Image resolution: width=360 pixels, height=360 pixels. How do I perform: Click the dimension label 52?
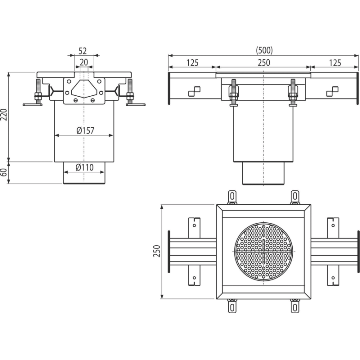tap(83, 51)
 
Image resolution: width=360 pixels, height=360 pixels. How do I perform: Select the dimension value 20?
tap(84, 62)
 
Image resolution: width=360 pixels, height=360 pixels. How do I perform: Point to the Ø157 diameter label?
tap(85, 130)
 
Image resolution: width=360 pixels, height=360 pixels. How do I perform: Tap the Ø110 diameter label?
tap(85, 167)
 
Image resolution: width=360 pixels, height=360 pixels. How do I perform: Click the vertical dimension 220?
tap(4, 115)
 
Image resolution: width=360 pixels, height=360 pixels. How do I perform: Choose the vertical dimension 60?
tap(4, 172)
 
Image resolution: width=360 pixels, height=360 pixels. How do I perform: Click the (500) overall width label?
tap(264, 50)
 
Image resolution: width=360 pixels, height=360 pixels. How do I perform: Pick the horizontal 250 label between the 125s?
tap(264, 63)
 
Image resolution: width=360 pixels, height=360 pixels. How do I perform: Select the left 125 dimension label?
tap(192, 63)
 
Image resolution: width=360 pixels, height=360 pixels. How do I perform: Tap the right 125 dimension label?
tap(335, 63)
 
